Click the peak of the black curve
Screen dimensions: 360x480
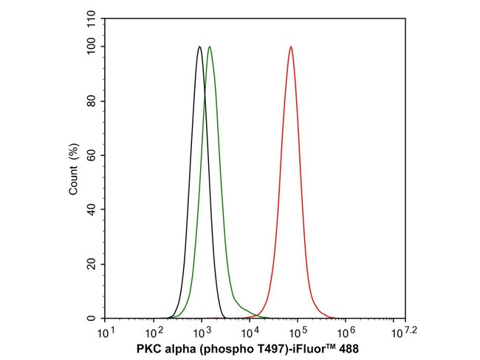[x=199, y=47]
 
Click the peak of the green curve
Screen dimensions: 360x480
[x=210, y=47]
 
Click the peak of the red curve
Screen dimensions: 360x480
[x=291, y=47]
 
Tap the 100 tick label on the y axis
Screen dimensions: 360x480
[x=90, y=47]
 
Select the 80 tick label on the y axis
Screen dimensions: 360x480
[x=92, y=101]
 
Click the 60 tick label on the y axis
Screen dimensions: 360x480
[x=92, y=155]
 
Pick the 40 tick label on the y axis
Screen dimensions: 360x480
[x=92, y=210]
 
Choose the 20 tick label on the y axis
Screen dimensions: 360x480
[x=92, y=264]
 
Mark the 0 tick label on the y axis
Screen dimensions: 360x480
[x=95, y=319]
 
